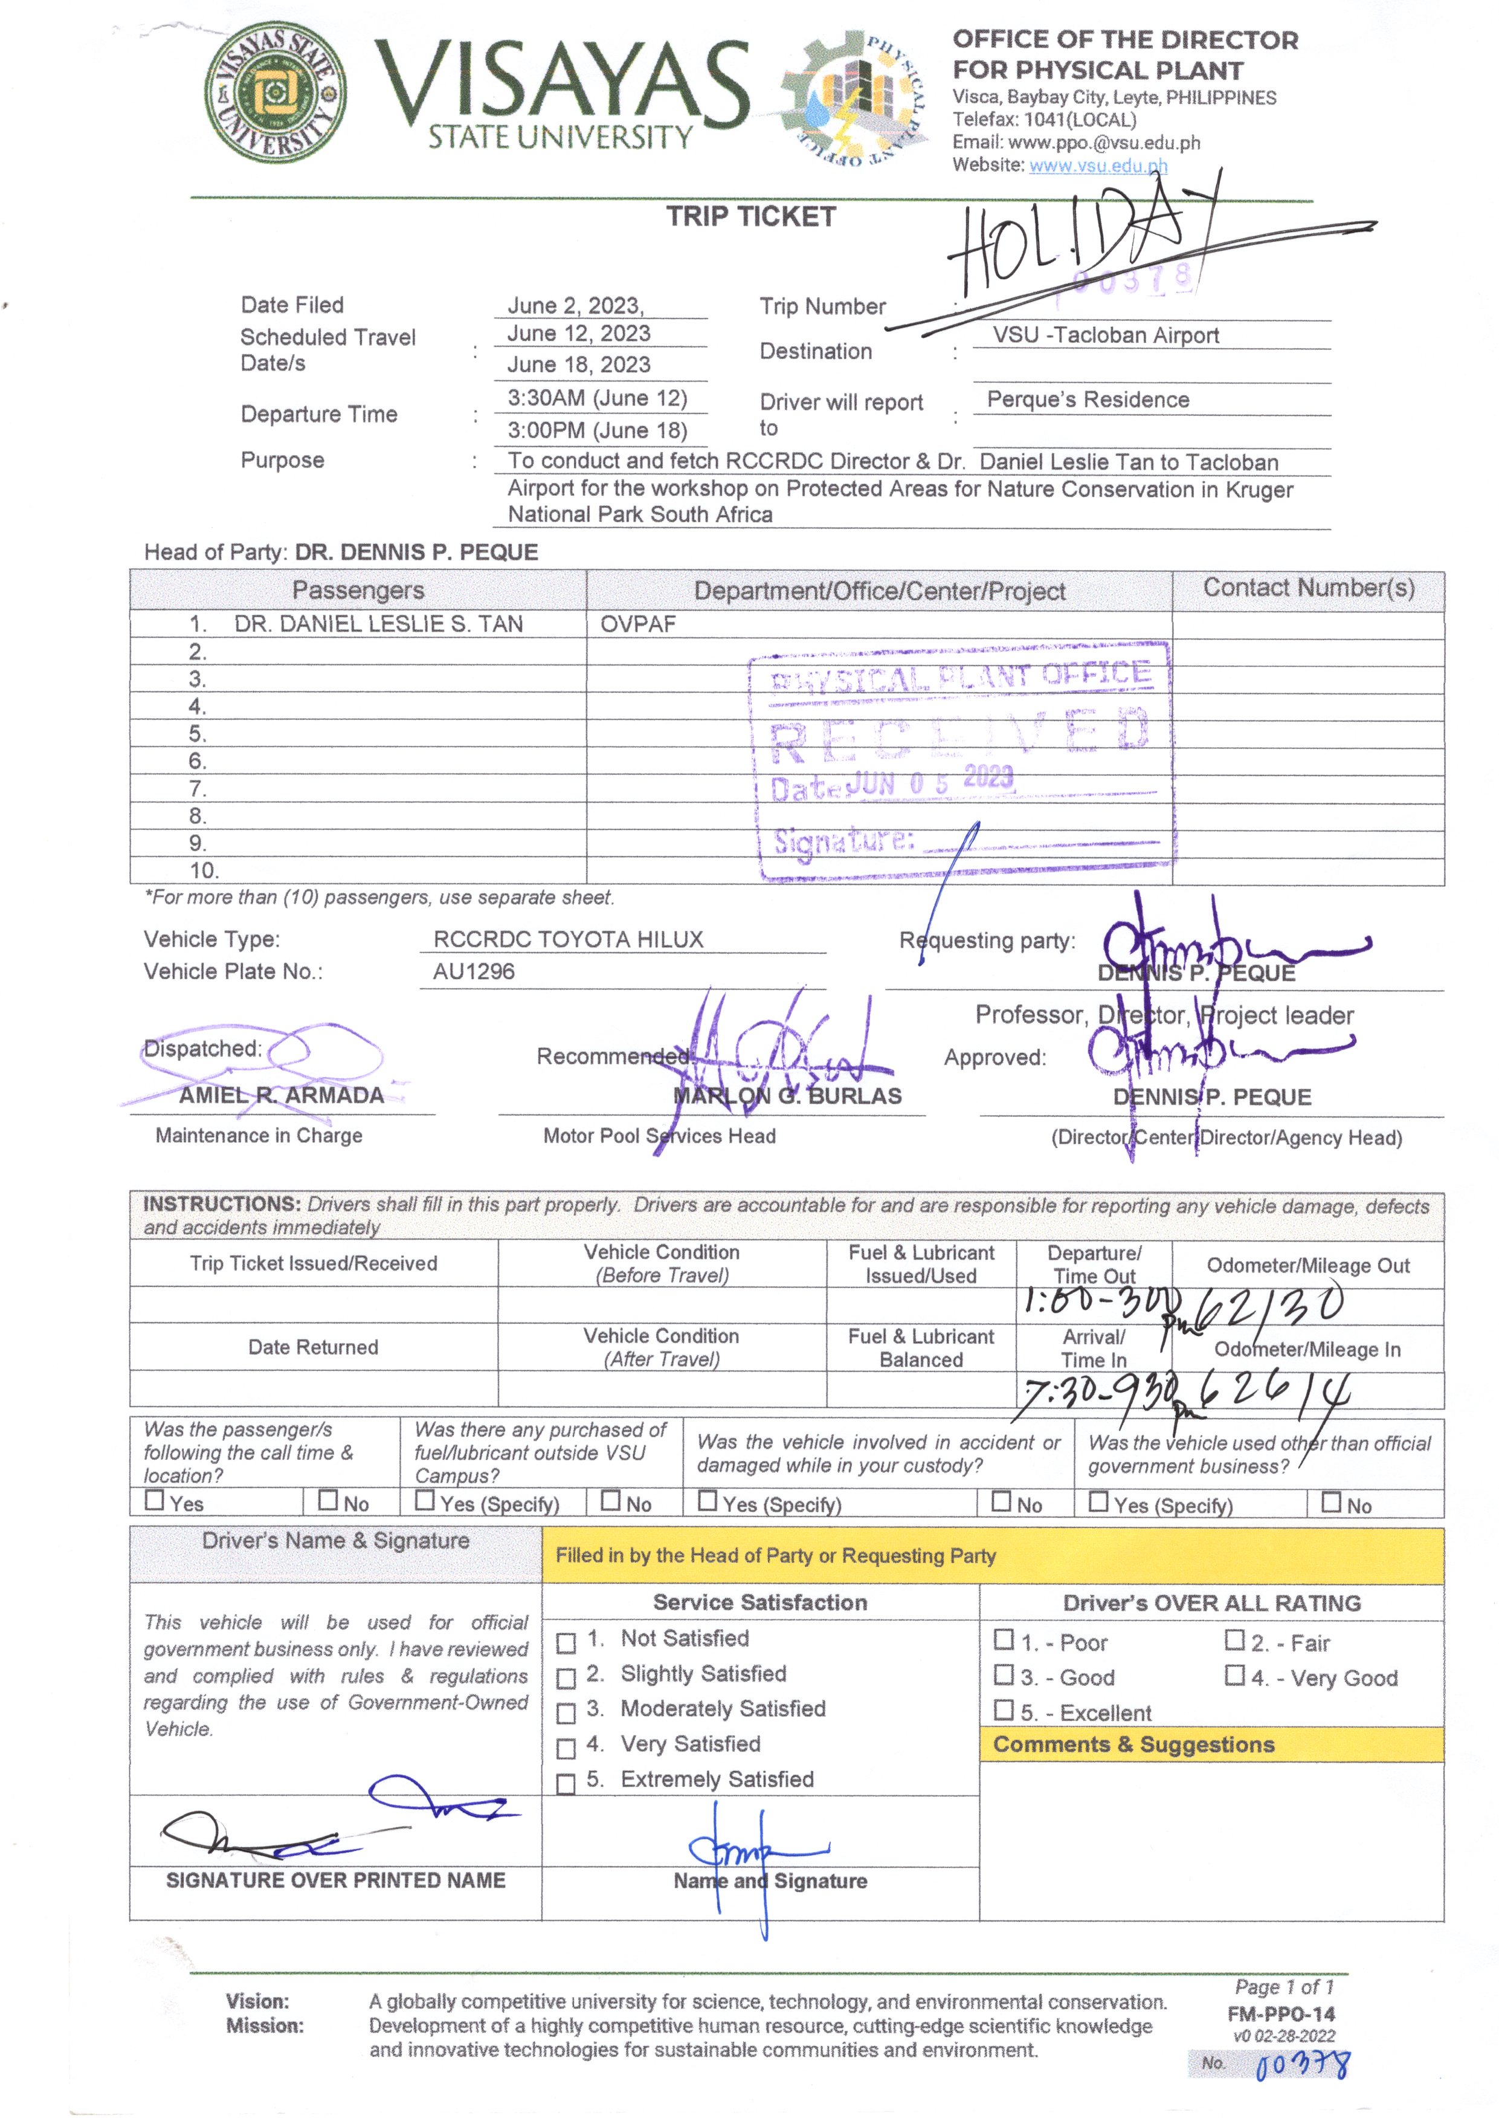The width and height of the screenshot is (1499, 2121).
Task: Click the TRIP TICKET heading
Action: [x=751, y=217]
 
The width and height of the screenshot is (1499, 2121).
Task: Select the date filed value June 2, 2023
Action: [x=575, y=306]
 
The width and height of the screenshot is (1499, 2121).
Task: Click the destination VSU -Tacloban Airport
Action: [x=1106, y=335]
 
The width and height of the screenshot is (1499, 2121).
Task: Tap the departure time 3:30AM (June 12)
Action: [x=598, y=398]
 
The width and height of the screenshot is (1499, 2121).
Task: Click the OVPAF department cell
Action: [x=638, y=624]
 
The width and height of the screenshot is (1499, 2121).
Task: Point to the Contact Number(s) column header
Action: [x=1308, y=589]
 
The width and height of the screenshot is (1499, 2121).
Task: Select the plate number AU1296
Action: [x=474, y=972]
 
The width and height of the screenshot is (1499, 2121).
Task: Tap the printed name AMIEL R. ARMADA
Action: [x=282, y=1096]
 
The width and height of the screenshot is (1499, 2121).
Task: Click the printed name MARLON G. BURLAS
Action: [x=787, y=1096]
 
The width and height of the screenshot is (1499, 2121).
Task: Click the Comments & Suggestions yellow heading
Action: [x=1133, y=1745]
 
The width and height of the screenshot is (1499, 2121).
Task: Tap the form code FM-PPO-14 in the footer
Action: [x=1281, y=2015]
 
